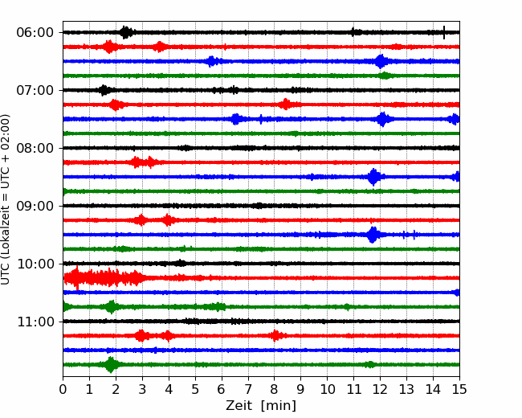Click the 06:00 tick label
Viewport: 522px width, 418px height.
point(35,32)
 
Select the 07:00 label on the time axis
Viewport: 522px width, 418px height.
point(35,90)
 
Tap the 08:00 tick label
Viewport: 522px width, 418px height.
point(35,148)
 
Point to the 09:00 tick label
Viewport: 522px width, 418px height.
point(35,206)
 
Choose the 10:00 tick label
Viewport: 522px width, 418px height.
point(35,264)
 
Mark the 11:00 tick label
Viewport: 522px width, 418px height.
point(35,322)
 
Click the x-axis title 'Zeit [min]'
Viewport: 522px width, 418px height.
point(261,406)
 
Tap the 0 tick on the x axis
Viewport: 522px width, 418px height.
point(63,390)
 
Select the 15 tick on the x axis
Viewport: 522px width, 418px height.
point(459,390)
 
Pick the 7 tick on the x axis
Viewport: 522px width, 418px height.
point(248,390)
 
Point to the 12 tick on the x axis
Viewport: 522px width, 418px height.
point(380,390)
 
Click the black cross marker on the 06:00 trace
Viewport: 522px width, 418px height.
point(444,32)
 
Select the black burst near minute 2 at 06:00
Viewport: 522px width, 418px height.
point(126,32)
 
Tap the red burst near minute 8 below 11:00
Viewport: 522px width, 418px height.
point(275,335)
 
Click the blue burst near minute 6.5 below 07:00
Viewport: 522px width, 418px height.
point(236,119)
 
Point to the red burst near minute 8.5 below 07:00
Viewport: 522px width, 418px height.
point(285,104)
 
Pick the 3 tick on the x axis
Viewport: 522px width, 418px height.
point(143,390)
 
